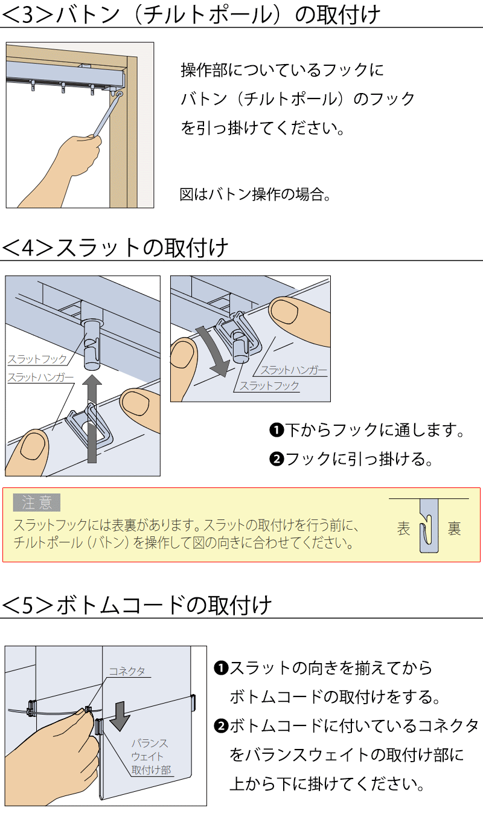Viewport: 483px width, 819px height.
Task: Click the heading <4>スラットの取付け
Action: coord(116,248)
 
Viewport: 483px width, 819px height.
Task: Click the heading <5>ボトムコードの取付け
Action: coord(137,605)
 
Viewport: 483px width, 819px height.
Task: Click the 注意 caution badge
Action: coord(37,502)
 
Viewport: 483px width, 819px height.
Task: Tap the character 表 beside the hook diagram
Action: coord(403,529)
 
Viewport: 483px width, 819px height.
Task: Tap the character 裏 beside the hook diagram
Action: coord(454,529)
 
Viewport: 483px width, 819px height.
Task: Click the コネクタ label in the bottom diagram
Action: coord(127,671)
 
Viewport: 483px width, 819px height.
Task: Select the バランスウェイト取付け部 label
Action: coord(151,757)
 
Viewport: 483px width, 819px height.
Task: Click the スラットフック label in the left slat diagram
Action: coord(37,359)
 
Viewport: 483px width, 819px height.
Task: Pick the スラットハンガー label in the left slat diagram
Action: coord(40,378)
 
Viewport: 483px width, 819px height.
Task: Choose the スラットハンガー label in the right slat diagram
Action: coord(293,370)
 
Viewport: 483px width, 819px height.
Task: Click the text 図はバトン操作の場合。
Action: coord(255,194)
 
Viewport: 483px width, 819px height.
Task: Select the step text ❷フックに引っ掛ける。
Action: coord(351,459)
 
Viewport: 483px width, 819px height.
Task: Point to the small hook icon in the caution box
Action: coord(429,526)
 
